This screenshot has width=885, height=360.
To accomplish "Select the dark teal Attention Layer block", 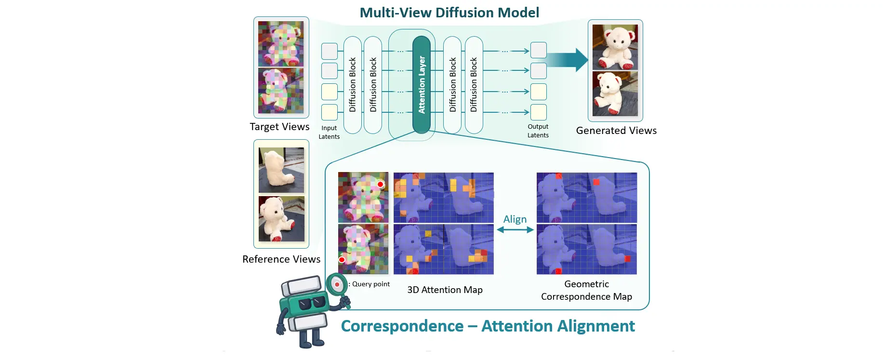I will tap(422, 84).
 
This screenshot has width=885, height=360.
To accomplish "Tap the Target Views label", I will tap(279, 127).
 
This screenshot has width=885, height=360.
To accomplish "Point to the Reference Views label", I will tap(281, 259).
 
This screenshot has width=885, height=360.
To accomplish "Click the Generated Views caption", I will tap(616, 131).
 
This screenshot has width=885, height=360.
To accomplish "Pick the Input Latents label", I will tap(329, 133).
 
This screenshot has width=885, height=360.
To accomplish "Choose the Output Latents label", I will tap(538, 131).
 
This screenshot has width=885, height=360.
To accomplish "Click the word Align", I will tap(515, 219).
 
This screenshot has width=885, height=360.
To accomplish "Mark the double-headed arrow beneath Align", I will tap(515, 230).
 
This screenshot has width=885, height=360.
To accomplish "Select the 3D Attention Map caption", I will tap(445, 290).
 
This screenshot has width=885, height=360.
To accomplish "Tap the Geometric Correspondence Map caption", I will tap(586, 291).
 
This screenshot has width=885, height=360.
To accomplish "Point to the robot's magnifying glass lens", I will tap(337, 284).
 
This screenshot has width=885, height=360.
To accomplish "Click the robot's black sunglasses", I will tap(312, 304).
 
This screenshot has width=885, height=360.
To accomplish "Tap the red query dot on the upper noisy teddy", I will tap(380, 185).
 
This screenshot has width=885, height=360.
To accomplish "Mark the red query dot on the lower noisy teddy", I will tap(342, 260).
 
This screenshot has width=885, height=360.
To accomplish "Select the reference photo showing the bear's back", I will tap(281, 170).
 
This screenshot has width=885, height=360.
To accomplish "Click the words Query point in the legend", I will tap(371, 284).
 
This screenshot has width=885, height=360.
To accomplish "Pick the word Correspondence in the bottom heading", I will tap(402, 326).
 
